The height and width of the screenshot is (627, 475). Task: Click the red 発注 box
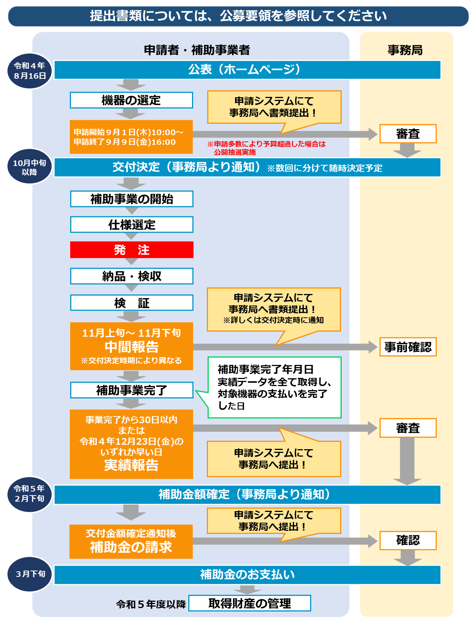131,250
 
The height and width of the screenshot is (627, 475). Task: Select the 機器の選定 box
131,100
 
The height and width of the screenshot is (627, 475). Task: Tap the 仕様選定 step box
131,225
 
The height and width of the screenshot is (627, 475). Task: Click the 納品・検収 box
131,276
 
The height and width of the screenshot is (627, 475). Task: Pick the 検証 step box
131,303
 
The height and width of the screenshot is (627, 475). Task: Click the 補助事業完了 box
131,390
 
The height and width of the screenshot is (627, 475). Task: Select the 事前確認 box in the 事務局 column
407,347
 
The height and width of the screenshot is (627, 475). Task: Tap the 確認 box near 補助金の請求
407,540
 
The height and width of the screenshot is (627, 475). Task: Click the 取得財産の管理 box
250,603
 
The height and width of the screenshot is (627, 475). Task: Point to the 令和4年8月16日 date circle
30,71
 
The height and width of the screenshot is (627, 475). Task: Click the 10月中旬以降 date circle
29,167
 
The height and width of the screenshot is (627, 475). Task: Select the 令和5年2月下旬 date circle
29,494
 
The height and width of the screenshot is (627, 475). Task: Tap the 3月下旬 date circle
30,574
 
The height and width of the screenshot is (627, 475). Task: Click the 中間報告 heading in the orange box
131,347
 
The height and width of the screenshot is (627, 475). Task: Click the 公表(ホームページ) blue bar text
244,69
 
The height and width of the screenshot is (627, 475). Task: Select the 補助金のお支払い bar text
247,574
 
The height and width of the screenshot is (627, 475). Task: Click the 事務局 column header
405,50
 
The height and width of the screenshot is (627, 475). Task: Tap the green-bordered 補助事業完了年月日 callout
274,387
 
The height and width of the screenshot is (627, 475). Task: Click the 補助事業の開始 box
131,199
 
